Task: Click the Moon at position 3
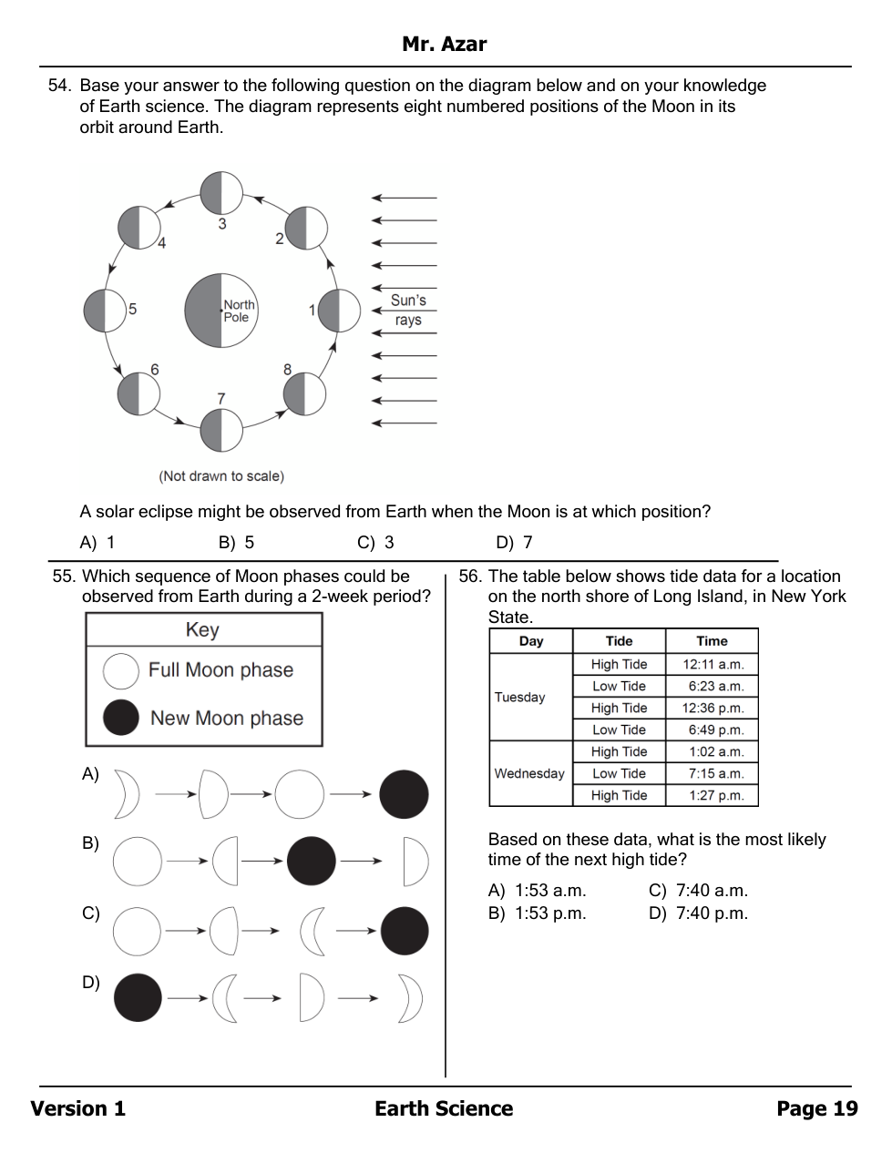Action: tap(221, 192)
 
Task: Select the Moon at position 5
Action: tap(105, 311)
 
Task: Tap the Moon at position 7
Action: tap(221, 430)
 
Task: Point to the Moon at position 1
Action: tap(339, 311)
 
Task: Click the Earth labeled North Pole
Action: tap(221, 311)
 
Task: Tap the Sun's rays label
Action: tap(408, 310)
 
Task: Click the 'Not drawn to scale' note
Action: tap(221, 476)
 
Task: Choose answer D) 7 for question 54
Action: tap(515, 543)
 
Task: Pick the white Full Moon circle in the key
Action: tap(121, 671)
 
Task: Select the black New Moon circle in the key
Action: tap(121, 718)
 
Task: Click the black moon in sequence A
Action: tap(404, 794)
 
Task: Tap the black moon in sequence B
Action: tap(312, 861)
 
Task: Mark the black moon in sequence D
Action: tap(138, 997)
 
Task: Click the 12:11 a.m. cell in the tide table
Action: tap(713, 665)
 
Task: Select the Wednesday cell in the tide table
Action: tap(529, 773)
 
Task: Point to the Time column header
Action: tap(712, 641)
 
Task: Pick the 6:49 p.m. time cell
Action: tap(713, 730)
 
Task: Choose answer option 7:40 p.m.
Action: tap(700, 913)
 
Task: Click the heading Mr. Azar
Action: tap(445, 44)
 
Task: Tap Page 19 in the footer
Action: tap(816, 1108)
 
